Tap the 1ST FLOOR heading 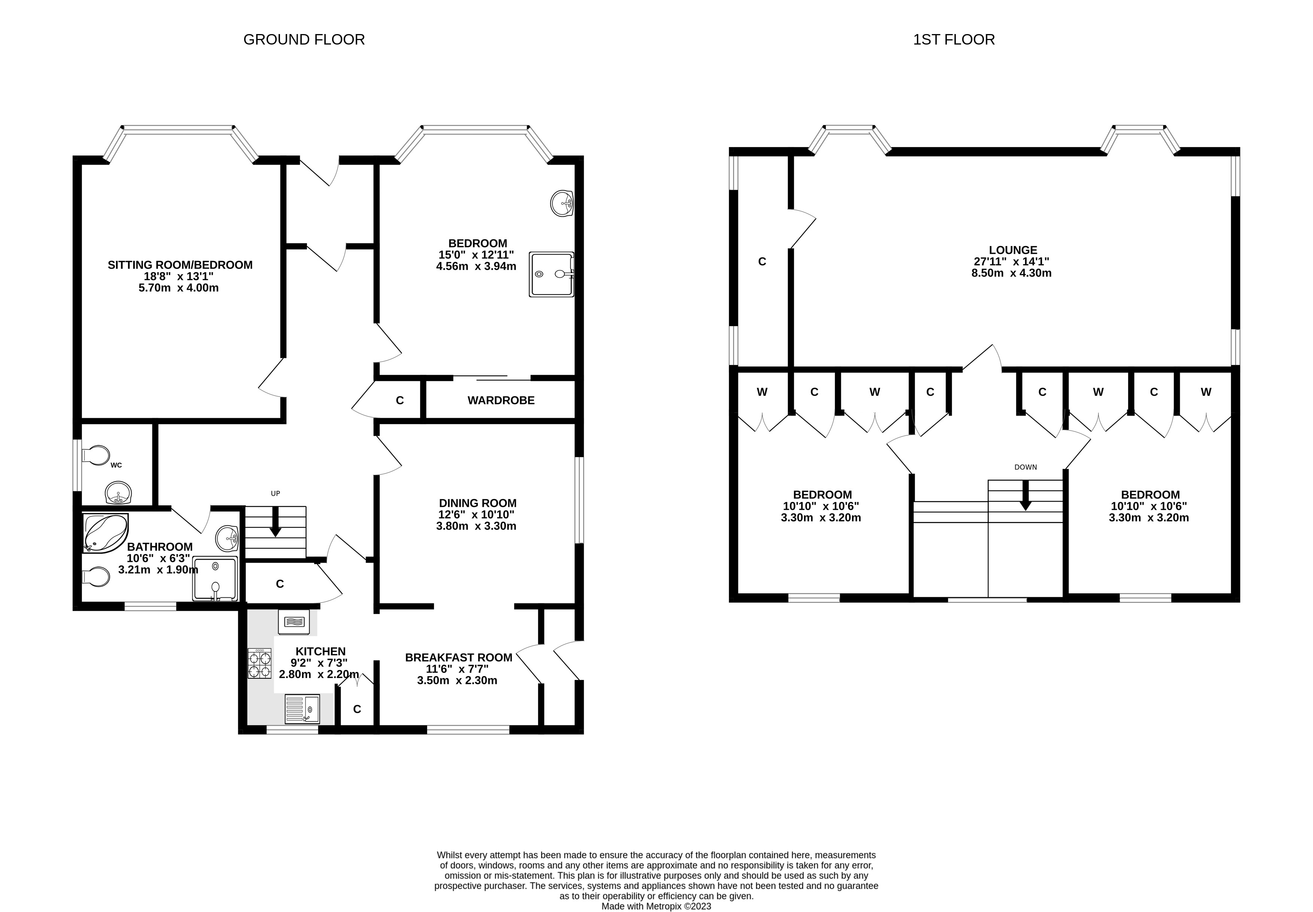pos(953,39)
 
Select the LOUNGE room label pos(1012,250)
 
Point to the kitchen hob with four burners pos(259,663)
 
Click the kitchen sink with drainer pos(302,709)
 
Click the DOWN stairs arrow pos(1025,495)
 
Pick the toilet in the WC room pos(96,455)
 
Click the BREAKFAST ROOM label pos(458,657)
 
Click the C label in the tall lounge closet pos(762,262)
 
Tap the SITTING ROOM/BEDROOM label pos(180,265)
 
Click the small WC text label pos(116,465)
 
